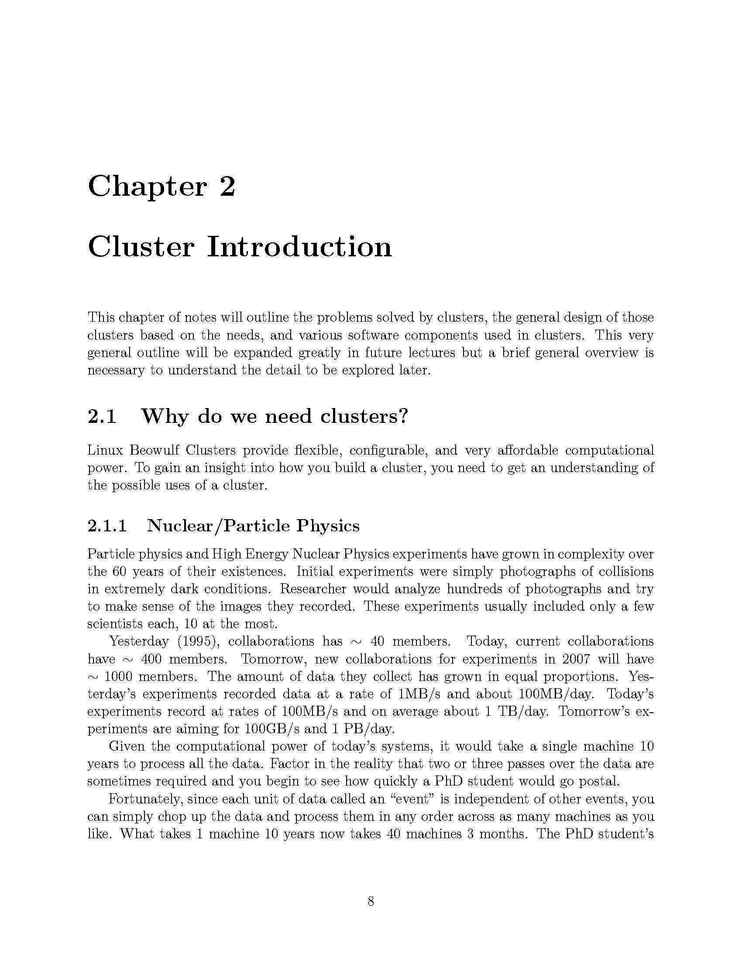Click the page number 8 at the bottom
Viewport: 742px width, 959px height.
pyautogui.click(x=371, y=901)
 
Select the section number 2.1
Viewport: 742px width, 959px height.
pyautogui.click(x=102, y=416)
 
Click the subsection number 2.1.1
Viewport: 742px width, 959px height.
pyautogui.click(x=107, y=526)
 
